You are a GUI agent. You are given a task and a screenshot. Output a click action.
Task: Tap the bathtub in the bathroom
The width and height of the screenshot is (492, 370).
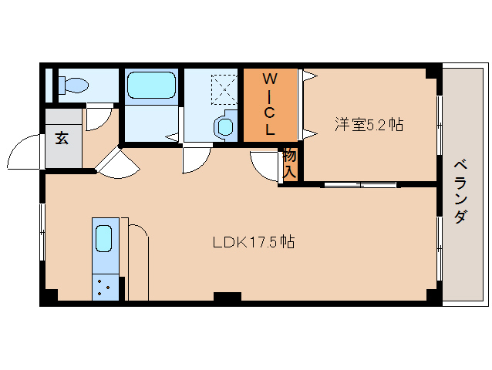click(151, 86)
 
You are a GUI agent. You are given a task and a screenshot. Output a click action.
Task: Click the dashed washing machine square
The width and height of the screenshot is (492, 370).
click(224, 89)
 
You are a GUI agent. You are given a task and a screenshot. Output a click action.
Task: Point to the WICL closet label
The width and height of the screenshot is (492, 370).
click(270, 104)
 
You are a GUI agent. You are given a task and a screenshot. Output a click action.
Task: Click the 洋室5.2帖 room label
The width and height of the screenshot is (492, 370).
click(369, 124)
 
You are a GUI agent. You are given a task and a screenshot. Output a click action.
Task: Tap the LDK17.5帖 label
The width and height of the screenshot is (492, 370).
click(254, 242)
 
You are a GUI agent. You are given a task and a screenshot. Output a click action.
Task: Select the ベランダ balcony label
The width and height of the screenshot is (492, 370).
click(460, 192)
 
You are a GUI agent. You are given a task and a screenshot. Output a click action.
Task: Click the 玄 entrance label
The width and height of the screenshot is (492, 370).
click(62, 138)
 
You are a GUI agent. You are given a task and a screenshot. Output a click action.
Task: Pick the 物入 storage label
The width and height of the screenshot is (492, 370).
click(289, 164)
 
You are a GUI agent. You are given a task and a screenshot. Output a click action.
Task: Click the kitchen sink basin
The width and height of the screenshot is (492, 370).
click(103, 238)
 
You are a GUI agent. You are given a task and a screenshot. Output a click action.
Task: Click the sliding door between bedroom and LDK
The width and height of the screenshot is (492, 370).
click(360, 185)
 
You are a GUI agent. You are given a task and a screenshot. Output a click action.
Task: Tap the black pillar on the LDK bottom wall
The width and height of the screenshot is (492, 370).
click(227, 296)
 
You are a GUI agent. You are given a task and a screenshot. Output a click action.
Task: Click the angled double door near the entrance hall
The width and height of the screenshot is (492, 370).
click(118, 165)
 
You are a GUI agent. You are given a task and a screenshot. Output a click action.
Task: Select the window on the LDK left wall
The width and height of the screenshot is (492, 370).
click(42, 232)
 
